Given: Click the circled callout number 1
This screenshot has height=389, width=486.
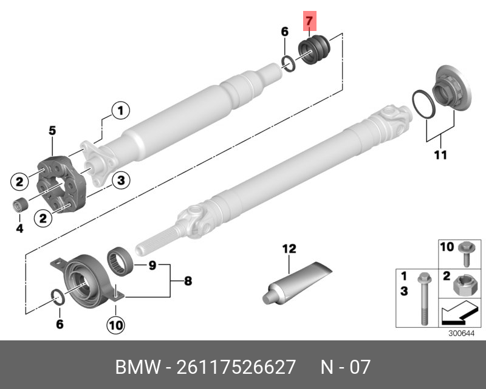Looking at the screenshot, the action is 120,110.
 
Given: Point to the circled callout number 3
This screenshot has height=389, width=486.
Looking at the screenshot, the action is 120,179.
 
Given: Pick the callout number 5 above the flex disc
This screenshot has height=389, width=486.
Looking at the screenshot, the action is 52,130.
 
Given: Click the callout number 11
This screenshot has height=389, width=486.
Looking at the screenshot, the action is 440,155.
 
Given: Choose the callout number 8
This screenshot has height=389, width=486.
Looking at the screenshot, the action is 187,281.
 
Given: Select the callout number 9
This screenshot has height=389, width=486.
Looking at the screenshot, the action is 152,265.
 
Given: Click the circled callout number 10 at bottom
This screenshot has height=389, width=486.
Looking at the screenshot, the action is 115,325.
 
